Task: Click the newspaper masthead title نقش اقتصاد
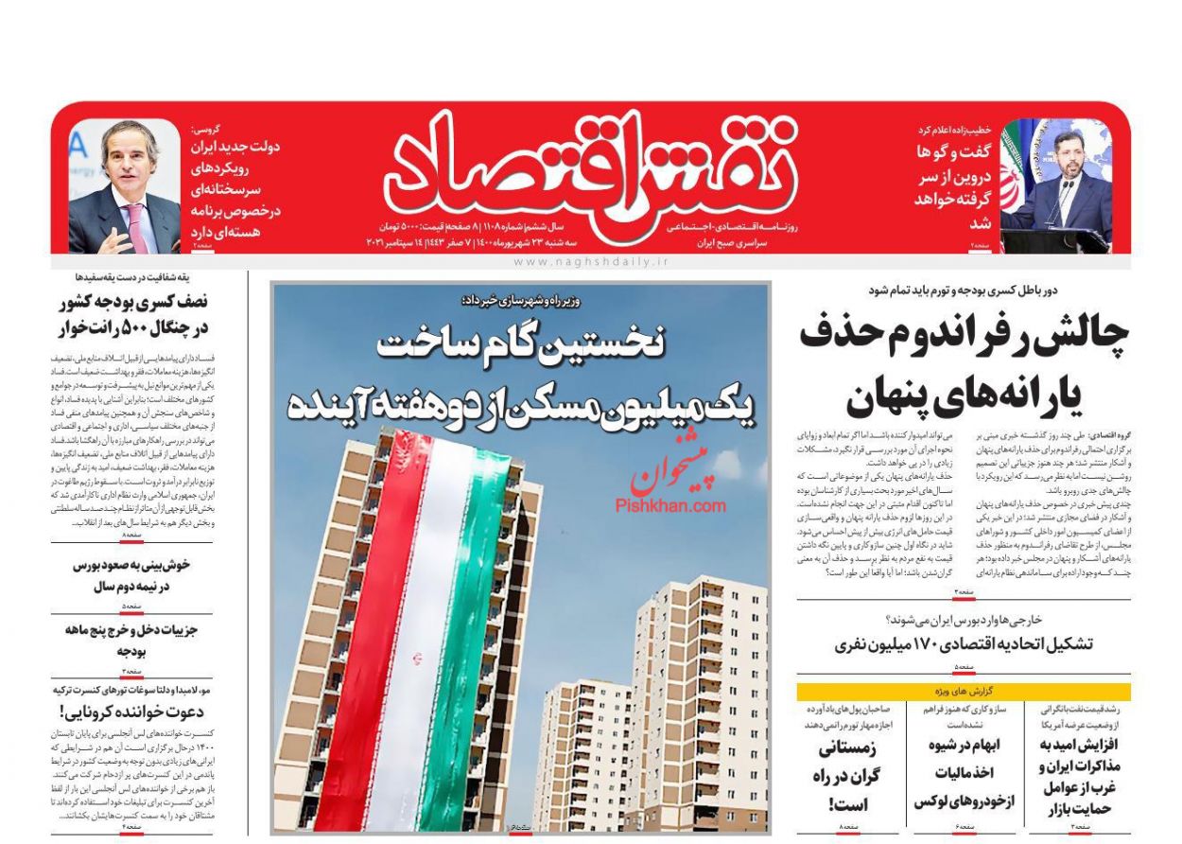(586, 168)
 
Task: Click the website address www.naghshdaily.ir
(591, 261)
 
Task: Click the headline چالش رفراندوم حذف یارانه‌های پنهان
(965, 369)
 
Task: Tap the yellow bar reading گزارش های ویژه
(964, 692)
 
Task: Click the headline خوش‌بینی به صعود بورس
(132, 575)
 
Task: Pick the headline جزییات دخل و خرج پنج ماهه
(132, 641)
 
